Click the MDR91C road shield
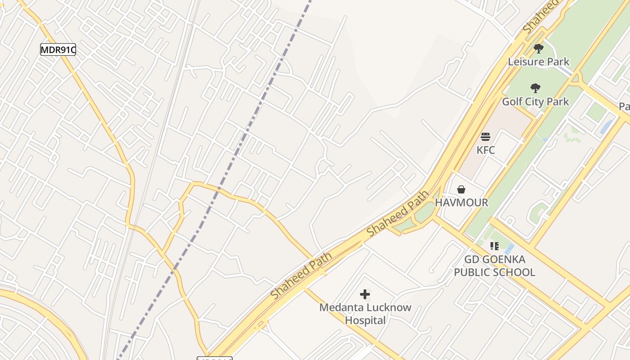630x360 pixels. pos(58,49)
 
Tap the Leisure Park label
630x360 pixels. pos(539,62)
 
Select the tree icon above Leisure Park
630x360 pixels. pos(539,49)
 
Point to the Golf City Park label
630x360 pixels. pos(535,102)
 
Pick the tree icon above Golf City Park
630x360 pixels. pos(535,88)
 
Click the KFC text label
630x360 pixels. pos(486,150)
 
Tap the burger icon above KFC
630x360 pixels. pos(485,137)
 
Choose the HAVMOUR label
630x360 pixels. pos(461,202)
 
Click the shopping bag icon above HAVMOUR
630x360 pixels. pos(461,189)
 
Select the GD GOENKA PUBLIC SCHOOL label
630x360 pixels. pos(495,266)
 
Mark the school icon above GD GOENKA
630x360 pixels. pos(495,246)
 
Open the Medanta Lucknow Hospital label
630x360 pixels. pos(365,314)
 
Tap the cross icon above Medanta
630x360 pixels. pos(365,295)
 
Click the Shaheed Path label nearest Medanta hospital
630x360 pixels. pos(301,275)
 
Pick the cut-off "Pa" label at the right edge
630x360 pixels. pos(624,107)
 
